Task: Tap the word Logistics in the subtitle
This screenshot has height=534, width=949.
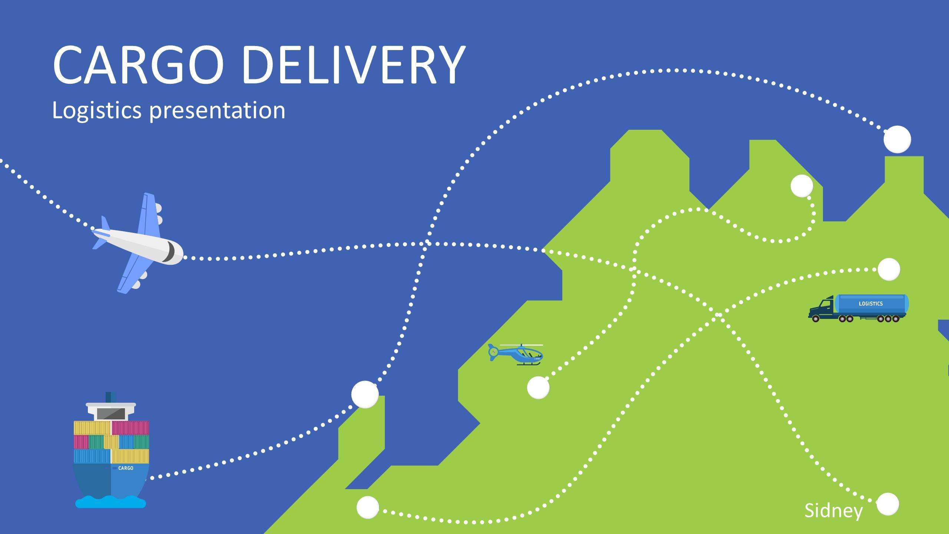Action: pos(97,110)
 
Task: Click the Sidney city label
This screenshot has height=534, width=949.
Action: pos(833,511)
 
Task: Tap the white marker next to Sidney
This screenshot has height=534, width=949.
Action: pos(888,504)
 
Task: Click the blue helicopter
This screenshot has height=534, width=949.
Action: pos(518,354)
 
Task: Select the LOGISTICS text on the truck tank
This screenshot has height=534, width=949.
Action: pos(871,304)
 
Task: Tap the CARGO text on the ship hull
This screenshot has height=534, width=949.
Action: pos(126,468)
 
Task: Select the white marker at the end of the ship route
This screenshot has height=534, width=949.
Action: pos(365,394)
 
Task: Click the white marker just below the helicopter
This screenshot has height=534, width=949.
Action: pos(538,388)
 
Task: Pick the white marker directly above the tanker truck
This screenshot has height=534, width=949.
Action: pos(889,269)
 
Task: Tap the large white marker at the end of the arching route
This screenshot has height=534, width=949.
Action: pos(897,139)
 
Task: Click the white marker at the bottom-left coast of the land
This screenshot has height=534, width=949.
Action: pos(367,507)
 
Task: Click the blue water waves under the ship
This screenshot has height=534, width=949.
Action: pos(110,502)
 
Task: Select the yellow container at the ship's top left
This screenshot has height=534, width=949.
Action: pos(92,428)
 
